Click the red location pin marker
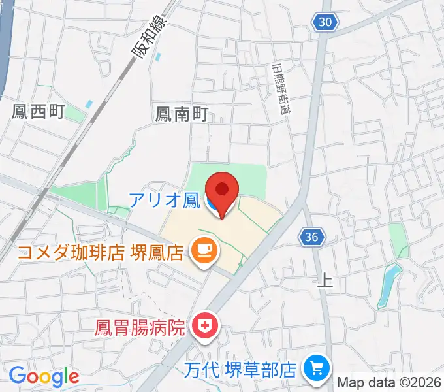(222, 191)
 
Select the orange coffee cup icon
(202, 250)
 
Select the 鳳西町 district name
(38, 111)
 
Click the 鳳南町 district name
(181, 115)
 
